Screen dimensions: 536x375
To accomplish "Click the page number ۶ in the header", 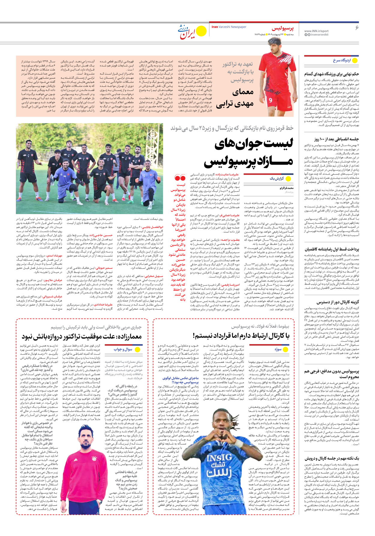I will [357, 28].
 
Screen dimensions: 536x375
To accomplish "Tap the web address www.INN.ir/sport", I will [316, 31].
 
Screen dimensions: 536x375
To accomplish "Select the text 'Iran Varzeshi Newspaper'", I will [229, 27].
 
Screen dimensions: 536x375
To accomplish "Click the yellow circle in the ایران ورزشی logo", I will [201, 30].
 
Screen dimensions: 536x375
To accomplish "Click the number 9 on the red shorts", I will [270, 100].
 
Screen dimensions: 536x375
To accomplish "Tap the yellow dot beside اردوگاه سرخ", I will [355, 60].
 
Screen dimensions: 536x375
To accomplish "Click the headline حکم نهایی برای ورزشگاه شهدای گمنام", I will [331, 74].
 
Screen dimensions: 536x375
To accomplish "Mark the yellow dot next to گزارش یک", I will [288, 179].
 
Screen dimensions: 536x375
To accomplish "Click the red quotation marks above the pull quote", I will [180, 178].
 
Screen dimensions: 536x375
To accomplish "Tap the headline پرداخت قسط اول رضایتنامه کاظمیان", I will [332, 249].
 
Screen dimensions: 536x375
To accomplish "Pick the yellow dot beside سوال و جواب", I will [137, 350].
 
